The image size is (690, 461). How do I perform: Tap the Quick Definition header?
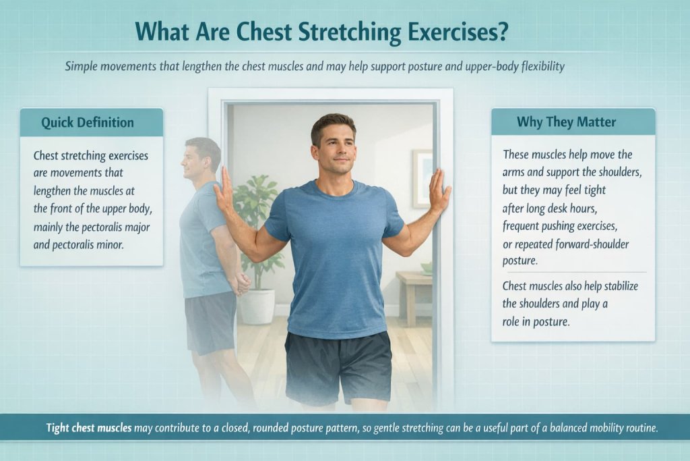88,122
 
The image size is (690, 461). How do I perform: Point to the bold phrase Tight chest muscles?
90,428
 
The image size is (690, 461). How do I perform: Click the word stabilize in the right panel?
606,286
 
